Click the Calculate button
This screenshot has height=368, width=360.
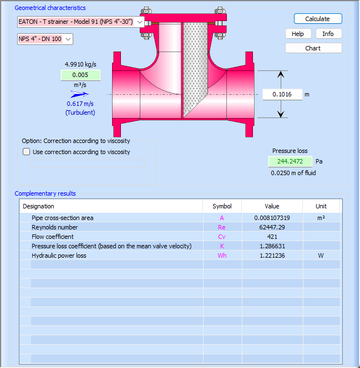(317, 19)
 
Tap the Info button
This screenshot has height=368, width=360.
(328, 34)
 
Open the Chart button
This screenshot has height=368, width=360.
(313, 48)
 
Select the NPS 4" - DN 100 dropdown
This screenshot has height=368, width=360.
(45, 39)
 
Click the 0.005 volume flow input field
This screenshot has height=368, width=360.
(80, 75)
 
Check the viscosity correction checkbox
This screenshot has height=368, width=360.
(27, 152)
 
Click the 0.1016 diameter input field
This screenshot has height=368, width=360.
(282, 94)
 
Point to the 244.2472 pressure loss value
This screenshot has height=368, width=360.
(290, 161)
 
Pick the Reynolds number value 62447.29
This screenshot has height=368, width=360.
(272, 227)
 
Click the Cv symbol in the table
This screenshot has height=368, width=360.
(222, 237)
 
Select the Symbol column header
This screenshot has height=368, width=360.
(222, 206)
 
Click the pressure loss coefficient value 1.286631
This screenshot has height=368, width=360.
(272, 246)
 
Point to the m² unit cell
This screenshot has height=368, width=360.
(321, 218)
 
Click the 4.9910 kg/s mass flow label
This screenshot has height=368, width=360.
(80, 64)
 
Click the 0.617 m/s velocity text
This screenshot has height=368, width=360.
(80, 104)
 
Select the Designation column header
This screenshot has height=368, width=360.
(39, 206)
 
